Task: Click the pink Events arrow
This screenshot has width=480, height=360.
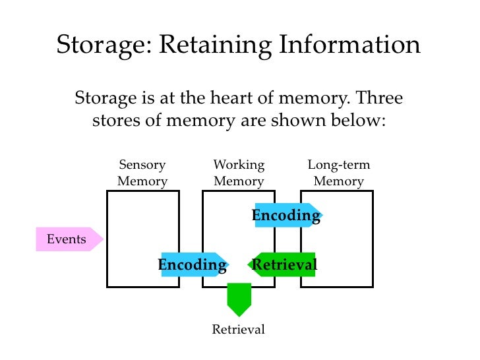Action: click(x=69, y=239)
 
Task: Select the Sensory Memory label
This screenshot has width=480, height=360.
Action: click(x=142, y=173)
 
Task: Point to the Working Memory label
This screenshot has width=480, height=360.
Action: click(x=239, y=173)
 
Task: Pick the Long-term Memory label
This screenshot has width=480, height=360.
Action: click(x=339, y=173)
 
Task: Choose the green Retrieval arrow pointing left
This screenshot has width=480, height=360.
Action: click(x=283, y=265)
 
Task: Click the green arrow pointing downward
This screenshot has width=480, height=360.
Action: click(x=239, y=299)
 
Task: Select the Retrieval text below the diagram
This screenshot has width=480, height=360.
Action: click(x=238, y=330)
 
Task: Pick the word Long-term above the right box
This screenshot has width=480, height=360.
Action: click(x=339, y=165)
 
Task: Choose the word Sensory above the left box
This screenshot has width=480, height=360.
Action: click(x=142, y=165)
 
